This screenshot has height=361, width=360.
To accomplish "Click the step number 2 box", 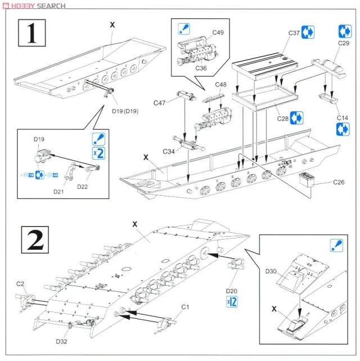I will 32,241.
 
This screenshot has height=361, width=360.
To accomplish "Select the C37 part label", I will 294,33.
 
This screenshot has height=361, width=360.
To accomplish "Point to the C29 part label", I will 344,43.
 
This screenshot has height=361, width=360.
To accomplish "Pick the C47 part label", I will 159,102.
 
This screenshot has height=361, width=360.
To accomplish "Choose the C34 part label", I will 169,152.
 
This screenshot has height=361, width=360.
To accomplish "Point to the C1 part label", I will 186,306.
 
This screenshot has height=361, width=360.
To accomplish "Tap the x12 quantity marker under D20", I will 231,303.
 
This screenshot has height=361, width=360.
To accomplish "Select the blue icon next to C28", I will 297,118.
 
